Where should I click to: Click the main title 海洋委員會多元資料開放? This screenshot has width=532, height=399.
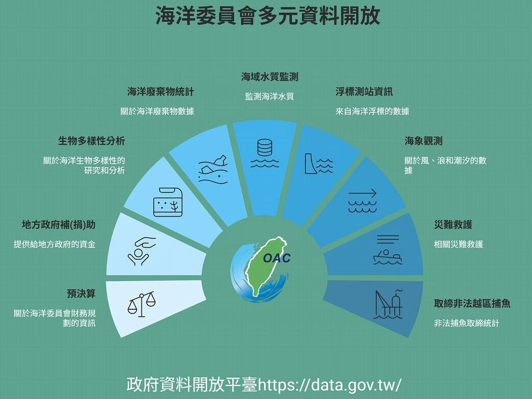[x=267, y=16]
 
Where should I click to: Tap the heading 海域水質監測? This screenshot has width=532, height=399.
[x=269, y=76]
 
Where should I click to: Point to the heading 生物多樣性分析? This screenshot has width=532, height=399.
[x=92, y=141]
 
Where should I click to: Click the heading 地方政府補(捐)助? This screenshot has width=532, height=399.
[x=58, y=225]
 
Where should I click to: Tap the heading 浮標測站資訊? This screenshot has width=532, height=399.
[x=364, y=92]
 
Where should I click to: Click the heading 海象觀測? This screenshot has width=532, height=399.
[x=423, y=141]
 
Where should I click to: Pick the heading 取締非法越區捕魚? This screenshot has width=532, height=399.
[x=472, y=303]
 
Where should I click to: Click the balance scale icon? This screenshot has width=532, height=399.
[x=141, y=305]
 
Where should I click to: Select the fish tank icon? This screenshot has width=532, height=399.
[x=168, y=202]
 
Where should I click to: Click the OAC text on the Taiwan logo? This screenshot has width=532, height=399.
[x=276, y=258]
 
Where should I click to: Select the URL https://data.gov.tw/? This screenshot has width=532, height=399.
[x=330, y=385]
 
